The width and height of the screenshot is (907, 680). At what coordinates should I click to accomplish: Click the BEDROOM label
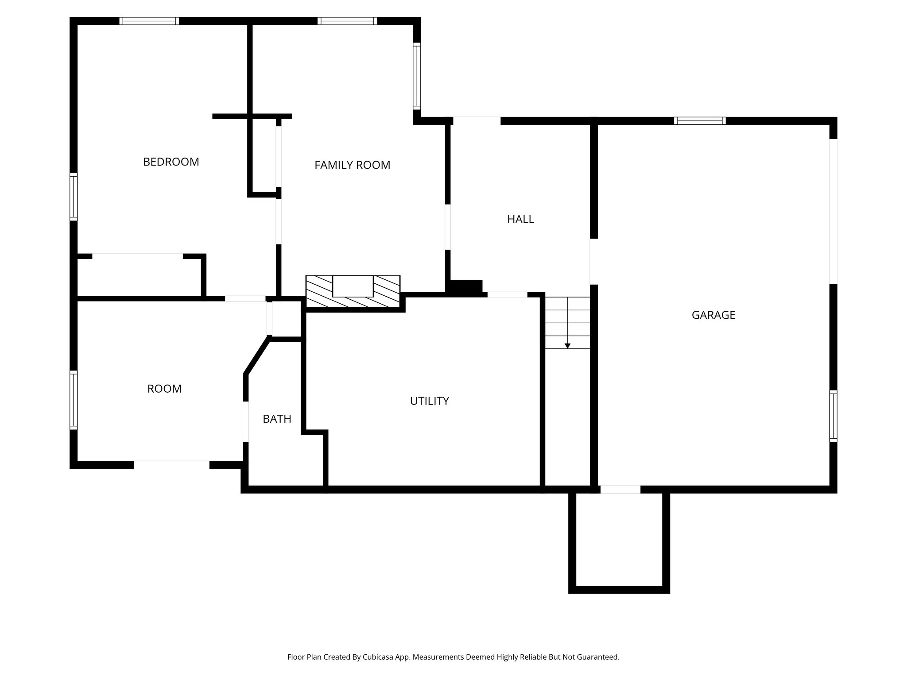click(171, 162)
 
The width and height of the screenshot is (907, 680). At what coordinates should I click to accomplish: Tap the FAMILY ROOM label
click(352, 165)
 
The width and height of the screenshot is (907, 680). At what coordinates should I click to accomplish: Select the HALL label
click(520, 219)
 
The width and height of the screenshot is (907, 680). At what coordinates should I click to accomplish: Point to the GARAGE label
click(713, 315)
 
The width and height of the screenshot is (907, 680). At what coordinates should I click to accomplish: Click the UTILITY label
click(429, 401)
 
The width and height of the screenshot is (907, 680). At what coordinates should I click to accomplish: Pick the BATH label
click(277, 419)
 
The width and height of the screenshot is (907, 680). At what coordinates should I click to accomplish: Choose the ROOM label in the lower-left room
click(164, 389)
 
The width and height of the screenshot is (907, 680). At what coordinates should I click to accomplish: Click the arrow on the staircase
click(567, 345)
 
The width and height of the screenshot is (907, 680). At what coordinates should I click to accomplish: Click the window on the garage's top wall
click(700, 121)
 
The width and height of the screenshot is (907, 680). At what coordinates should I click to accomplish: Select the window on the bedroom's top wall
click(149, 21)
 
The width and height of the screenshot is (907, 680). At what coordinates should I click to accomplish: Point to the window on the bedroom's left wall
click(74, 197)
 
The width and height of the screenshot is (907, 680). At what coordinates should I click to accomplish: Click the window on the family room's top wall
click(347, 21)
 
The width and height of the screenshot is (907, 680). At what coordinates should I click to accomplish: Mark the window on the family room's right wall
click(417, 76)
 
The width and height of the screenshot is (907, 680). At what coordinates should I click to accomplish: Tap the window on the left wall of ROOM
click(74, 400)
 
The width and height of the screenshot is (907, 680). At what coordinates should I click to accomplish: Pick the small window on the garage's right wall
click(833, 416)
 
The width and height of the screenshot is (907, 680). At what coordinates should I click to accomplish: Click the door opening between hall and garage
click(594, 261)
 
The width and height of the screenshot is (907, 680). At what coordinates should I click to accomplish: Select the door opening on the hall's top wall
click(477, 120)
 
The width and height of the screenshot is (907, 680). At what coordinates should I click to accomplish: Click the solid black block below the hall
click(465, 287)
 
